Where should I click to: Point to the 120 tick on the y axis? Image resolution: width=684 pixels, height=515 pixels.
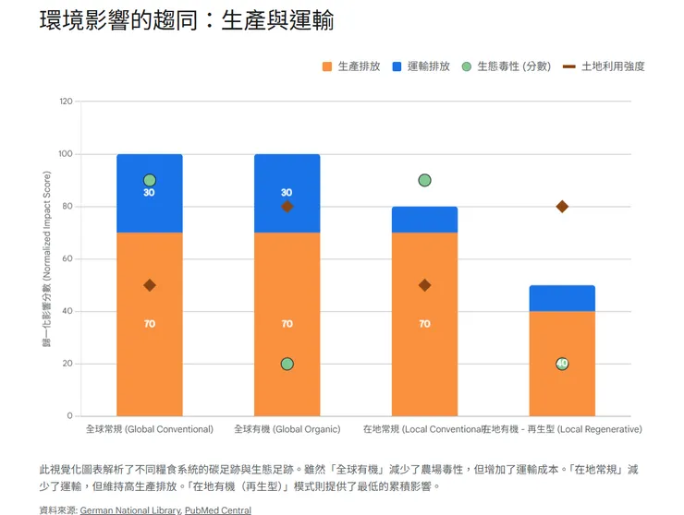pyautogui.click(x=65, y=102)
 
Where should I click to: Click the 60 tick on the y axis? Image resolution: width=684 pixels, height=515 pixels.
pyautogui.click(x=67, y=259)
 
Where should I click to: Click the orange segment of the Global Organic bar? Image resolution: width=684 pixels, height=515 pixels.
pyautogui.click(x=287, y=295)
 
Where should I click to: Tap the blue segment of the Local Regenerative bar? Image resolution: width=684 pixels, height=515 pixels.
pyautogui.click(x=562, y=298)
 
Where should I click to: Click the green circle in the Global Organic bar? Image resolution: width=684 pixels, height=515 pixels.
pyautogui.click(x=287, y=364)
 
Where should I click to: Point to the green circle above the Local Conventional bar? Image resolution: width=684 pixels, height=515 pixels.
pyautogui.click(x=424, y=180)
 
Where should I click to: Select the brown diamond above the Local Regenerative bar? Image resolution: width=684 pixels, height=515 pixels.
pyautogui.click(x=562, y=207)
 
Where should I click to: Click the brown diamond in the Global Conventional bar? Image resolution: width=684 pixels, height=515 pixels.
pyautogui.click(x=150, y=285)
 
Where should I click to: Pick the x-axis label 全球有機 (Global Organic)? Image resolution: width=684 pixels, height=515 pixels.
pyautogui.click(x=287, y=429)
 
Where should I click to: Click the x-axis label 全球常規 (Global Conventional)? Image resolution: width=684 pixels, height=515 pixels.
pyautogui.click(x=150, y=429)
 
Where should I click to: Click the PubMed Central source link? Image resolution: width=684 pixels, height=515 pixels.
pyautogui.click(x=217, y=509)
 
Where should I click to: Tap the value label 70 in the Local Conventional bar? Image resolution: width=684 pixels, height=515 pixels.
pyautogui.click(x=424, y=324)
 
